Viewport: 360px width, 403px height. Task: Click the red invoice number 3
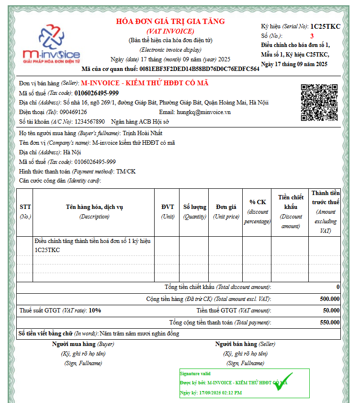[x=312, y=36]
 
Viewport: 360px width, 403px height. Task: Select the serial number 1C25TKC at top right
[x=325, y=26]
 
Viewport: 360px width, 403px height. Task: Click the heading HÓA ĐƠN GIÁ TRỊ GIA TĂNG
[x=170, y=22]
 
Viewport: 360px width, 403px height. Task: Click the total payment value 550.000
[x=329, y=322]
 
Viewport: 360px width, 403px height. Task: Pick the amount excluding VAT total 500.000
[x=329, y=299]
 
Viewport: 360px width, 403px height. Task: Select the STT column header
[x=25, y=207]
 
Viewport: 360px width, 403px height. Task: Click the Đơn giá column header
[x=226, y=207]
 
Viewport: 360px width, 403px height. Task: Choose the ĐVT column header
[x=168, y=207]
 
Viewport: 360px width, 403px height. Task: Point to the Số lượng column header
[x=195, y=207]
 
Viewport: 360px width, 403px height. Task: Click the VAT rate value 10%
[x=95, y=311]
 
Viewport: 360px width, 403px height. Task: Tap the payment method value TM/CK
[x=126, y=171]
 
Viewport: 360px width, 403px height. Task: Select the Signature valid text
[x=195, y=373]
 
